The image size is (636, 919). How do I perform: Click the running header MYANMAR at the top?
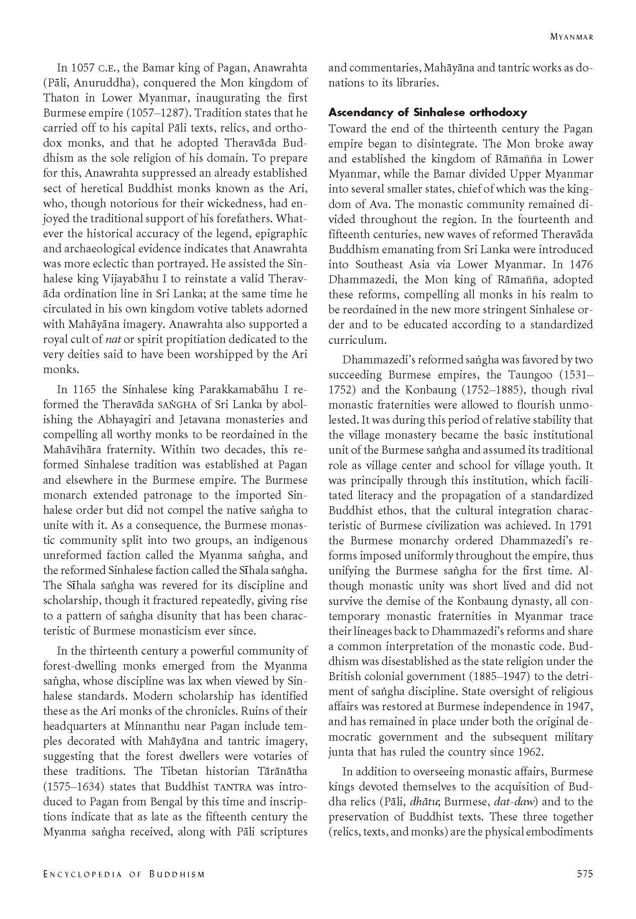coord(572,37)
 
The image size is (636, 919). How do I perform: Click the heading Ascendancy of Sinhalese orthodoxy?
coord(427,112)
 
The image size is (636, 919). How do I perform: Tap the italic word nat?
coord(108,339)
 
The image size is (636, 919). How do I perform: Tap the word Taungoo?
coord(530,374)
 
